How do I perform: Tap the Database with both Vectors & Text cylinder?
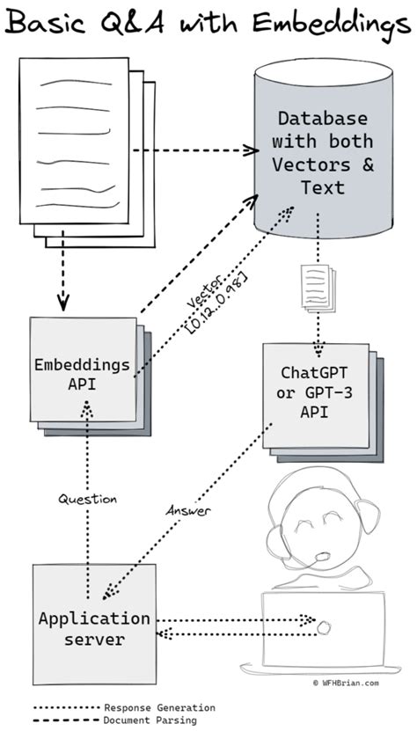pyautogui.click(x=323, y=150)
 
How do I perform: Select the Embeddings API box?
pyautogui.click(x=84, y=369)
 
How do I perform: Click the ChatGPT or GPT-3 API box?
pyautogui.click(x=315, y=395)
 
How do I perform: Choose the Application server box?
pyautogui.click(x=94, y=625)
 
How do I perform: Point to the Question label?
pyautogui.click(x=87, y=499)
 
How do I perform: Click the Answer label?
pyautogui.click(x=188, y=510)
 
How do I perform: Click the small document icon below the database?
pyautogui.click(x=318, y=288)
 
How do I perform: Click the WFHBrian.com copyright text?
pyautogui.click(x=345, y=683)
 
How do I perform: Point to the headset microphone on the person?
pyautogui.click(x=322, y=556)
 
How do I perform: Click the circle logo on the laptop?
pyautogui.click(x=323, y=627)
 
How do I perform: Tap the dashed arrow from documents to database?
pyautogui.click(x=196, y=150)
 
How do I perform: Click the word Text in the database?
pyautogui.click(x=323, y=187)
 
